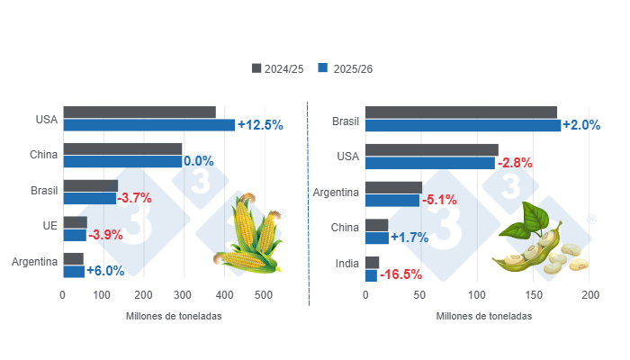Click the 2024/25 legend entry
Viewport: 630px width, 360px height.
coord(279,69)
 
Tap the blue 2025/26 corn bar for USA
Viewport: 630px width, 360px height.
coord(148,125)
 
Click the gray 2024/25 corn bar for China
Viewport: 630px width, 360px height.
coord(122,148)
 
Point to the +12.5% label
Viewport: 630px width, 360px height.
coord(260,125)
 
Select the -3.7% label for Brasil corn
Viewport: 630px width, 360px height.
coord(134,198)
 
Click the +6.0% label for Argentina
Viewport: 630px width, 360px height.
coord(106,271)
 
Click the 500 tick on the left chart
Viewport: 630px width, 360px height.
coord(264,295)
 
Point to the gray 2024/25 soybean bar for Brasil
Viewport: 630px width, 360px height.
coord(461,112)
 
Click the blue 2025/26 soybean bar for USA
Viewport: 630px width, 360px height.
coord(430,162)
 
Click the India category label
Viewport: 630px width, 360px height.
coord(346,264)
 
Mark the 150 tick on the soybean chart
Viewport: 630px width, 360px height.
coord(534,295)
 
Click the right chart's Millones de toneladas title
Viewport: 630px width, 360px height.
coord(483,317)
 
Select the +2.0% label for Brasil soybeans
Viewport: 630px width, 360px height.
coord(581,125)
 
